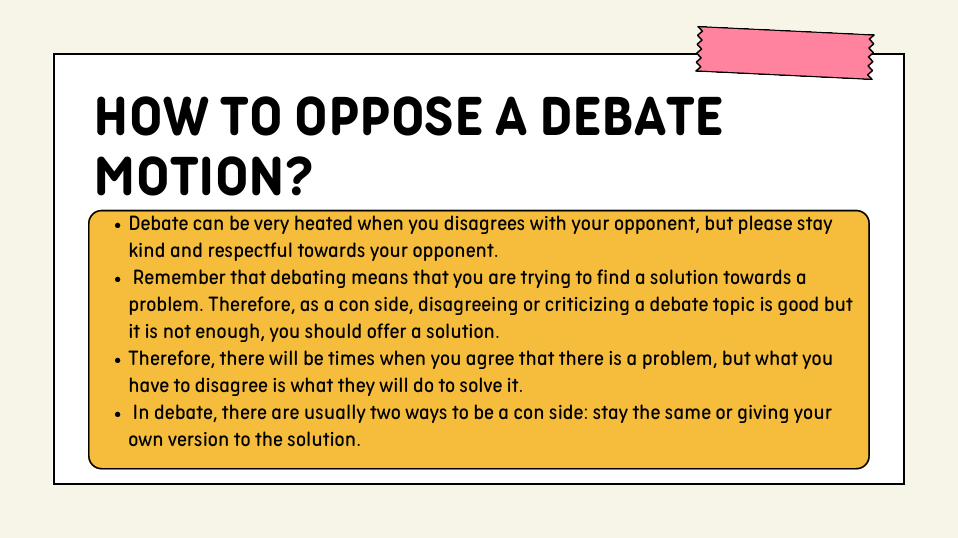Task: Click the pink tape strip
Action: [x=785, y=53]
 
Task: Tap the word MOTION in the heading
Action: [x=188, y=176]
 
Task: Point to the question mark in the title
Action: [x=298, y=176]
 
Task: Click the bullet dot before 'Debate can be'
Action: [x=118, y=225]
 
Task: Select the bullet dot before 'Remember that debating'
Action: [x=118, y=279]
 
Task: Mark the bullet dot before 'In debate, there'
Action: [x=118, y=414]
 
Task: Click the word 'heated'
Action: [x=323, y=224]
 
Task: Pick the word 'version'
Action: [x=198, y=440]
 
